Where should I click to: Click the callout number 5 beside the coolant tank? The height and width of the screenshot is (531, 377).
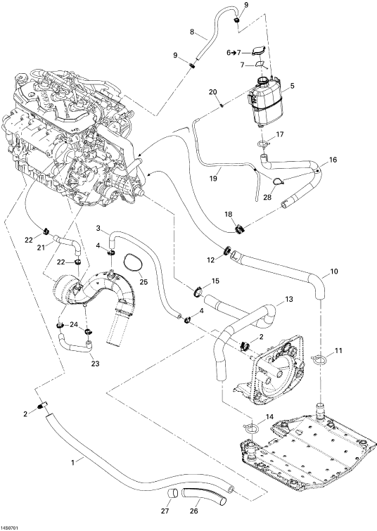pos(292,86)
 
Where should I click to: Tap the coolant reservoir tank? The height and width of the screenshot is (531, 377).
pos(267,101)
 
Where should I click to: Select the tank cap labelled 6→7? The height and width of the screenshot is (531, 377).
pos(259,51)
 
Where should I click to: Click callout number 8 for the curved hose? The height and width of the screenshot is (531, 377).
pos(192,32)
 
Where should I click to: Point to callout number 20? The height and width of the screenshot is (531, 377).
pos(212,91)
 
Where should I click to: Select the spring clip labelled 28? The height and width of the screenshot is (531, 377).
pos(279,181)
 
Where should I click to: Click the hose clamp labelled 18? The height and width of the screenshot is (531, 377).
pos(239,229)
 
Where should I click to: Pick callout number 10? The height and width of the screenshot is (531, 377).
pos(334,271)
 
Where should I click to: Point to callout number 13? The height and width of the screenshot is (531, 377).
pos(289,300)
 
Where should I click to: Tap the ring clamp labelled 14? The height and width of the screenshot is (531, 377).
pos(251,428)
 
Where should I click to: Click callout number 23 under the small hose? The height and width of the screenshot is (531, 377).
pos(96,364)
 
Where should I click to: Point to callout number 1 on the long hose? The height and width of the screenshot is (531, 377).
pos(72,461)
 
